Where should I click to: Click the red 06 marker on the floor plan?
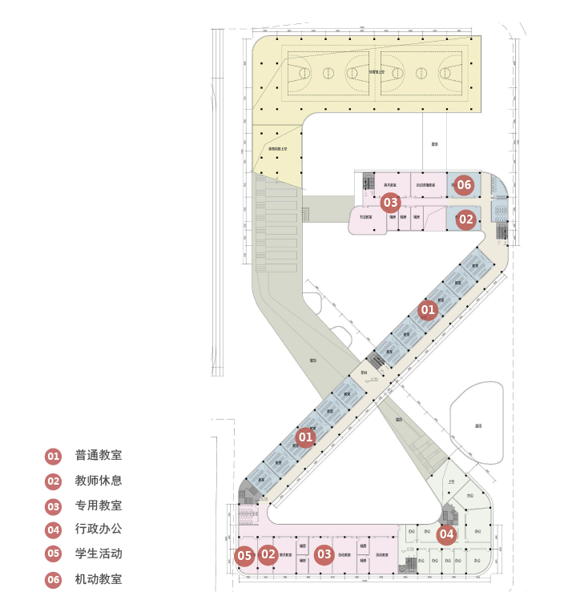coord(465,185)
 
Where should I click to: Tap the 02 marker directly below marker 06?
coord(466,218)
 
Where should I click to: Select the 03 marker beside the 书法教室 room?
coord(390,203)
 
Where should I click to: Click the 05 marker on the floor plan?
coord(244,555)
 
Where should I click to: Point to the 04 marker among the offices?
coord(446,534)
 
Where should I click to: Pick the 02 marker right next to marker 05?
coord(268,554)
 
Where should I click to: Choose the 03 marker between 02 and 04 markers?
coord(324,554)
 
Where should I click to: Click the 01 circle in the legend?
coord(53,457)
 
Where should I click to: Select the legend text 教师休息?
coord(99,481)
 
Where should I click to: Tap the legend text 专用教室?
coord(99,505)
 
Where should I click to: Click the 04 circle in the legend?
coord(53,530)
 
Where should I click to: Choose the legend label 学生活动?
coord(99,553)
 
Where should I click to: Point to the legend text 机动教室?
coord(99,578)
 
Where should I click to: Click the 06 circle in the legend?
coord(53,579)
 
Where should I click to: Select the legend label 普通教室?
coord(99,456)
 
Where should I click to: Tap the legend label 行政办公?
coord(99,529)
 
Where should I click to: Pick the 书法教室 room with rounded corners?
coord(367,220)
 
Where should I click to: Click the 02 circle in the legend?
coord(53,481)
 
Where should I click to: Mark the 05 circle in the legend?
coord(53,554)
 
